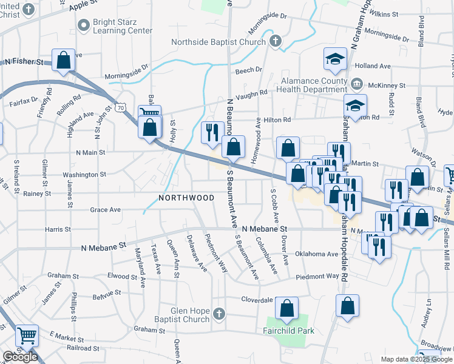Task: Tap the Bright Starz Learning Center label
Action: [122, 26]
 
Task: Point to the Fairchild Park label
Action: [288, 331]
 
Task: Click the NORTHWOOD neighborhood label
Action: [186, 198]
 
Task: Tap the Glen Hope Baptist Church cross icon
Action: [220, 314]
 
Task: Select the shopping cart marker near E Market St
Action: [27, 334]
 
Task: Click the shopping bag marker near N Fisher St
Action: [63, 59]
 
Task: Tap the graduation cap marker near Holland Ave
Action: [334, 59]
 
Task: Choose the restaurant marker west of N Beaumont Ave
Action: [212, 133]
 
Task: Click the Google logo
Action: [20, 357]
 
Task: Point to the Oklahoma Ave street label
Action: [316, 254]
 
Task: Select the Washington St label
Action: [86, 175]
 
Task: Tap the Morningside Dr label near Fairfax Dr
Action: [127, 76]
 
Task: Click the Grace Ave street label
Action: [105, 210]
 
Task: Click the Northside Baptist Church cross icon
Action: [276, 42]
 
